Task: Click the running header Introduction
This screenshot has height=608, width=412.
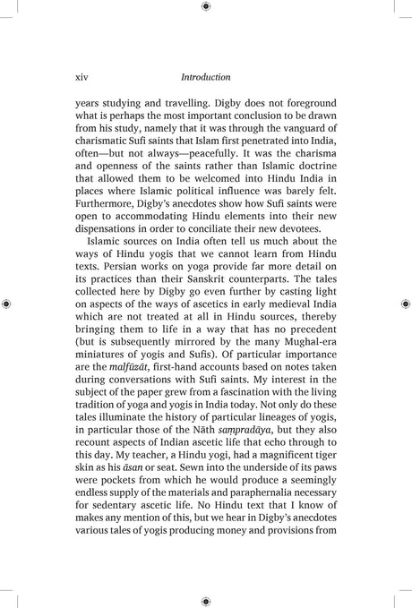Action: click(205, 78)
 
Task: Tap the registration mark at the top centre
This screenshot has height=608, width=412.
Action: click(206, 6)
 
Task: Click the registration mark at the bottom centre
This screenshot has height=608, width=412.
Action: click(206, 602)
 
